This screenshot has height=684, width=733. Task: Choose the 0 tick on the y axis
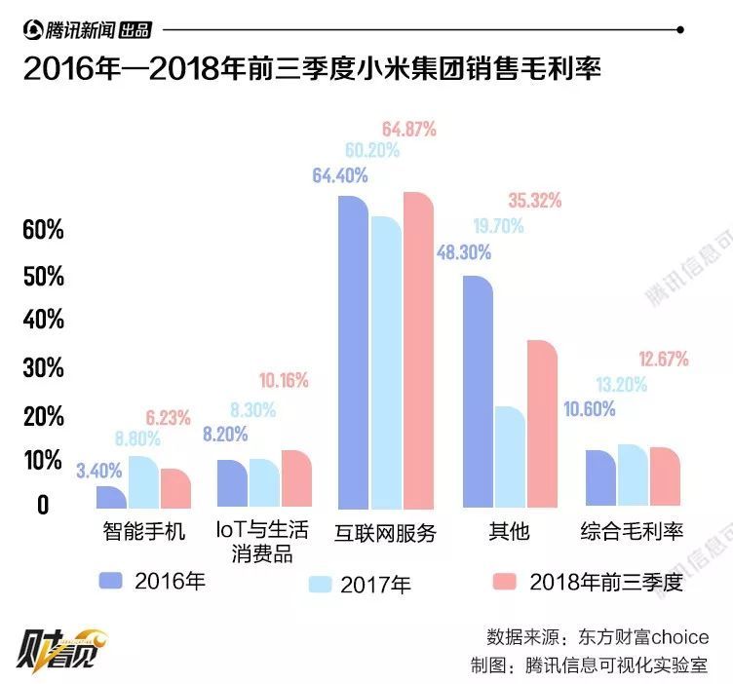[42, 505]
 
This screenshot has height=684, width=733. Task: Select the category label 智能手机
[143, 532]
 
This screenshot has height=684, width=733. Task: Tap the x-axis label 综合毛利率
[632, 532]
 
